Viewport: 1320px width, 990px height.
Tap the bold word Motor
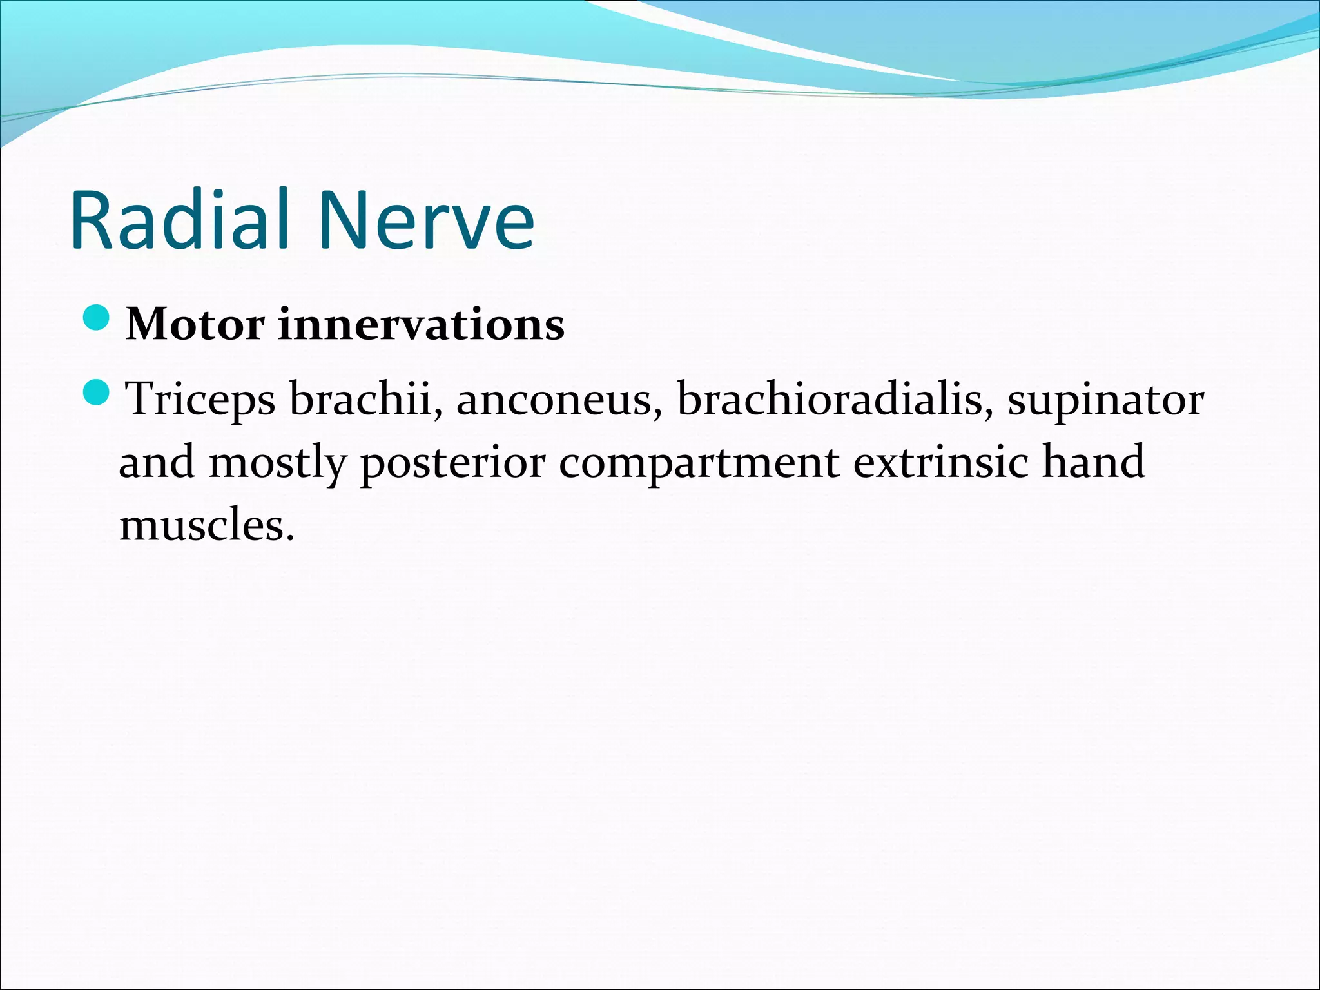(x=195, y=324)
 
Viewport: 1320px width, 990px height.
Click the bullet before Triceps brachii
(x=98, y=392)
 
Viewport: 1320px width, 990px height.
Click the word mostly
(x=278, y=463)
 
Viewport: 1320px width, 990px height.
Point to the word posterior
(x=452, y=463)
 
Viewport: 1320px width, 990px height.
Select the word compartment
(x=699, y=463)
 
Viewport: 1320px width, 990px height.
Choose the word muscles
(x=202, y=525)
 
